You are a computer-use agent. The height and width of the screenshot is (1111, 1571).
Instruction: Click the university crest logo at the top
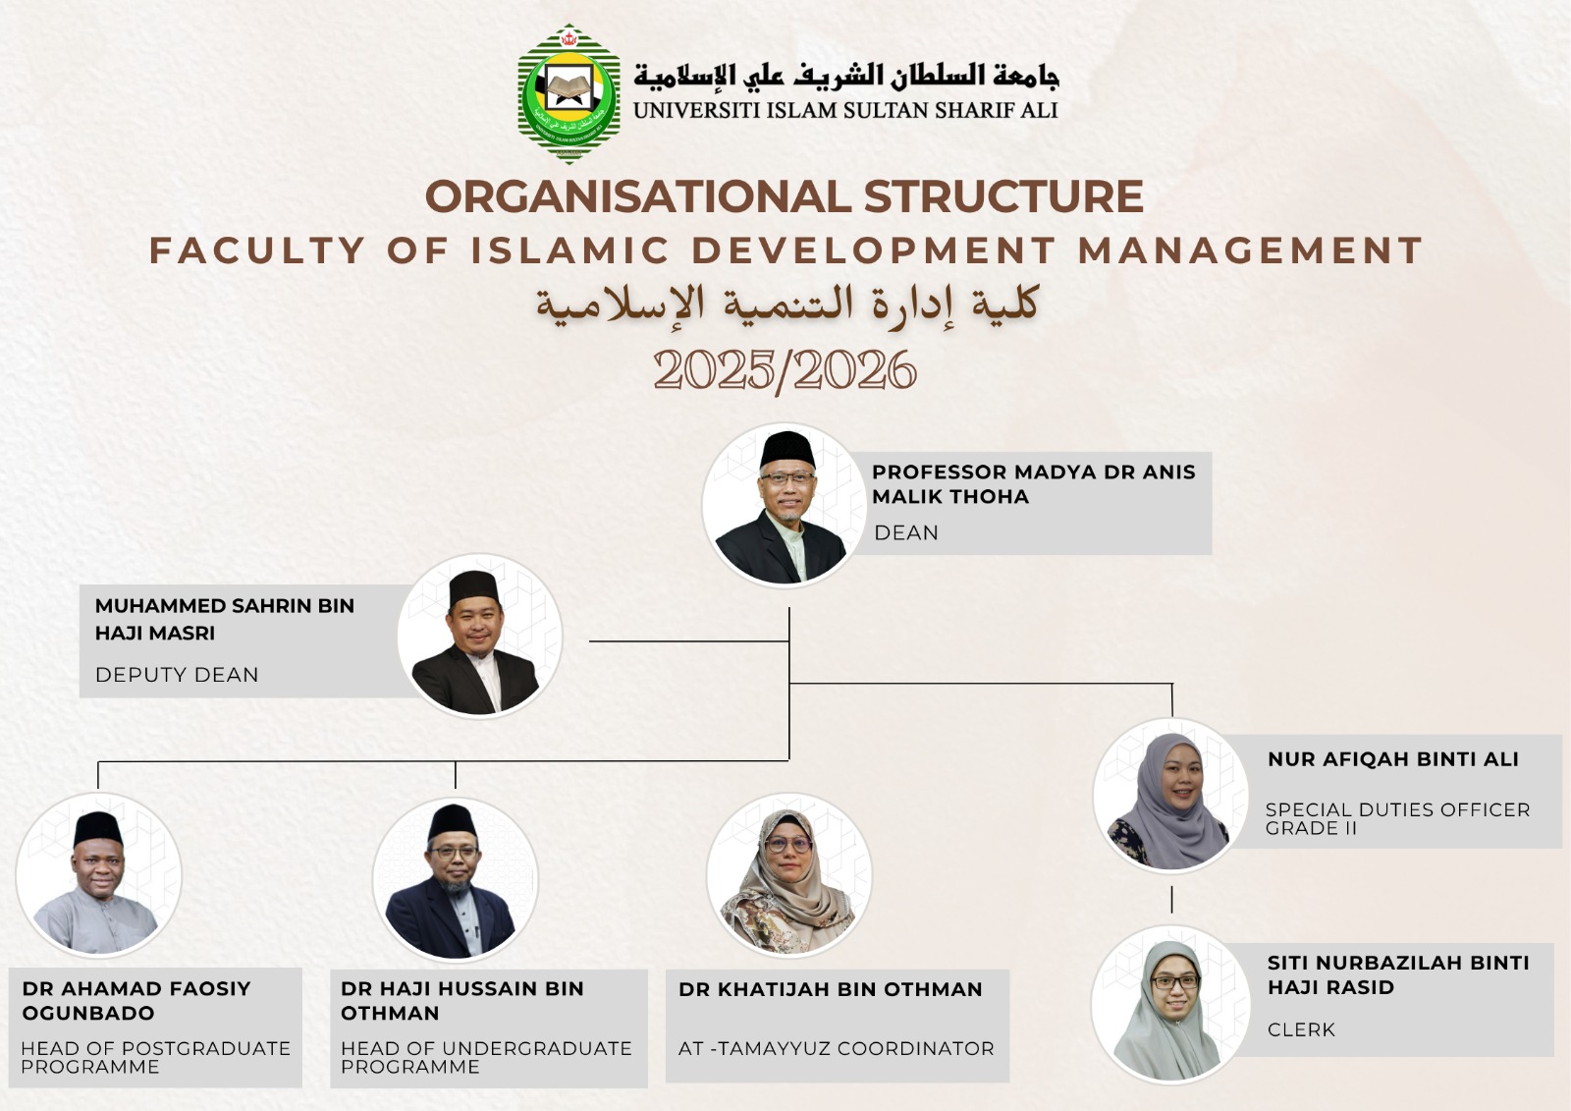(569, 94)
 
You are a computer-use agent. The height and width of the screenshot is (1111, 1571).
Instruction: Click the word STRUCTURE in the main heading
(1003, 195)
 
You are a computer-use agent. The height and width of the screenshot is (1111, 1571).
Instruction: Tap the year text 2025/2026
(785, 370)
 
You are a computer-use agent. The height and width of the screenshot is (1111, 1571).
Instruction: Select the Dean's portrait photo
(785, 505)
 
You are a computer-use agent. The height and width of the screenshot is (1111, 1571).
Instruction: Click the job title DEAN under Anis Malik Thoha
(906, 532)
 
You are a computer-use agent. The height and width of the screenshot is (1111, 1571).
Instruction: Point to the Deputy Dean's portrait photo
(480, 636)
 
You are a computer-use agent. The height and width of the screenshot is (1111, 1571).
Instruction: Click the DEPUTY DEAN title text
(177, 675)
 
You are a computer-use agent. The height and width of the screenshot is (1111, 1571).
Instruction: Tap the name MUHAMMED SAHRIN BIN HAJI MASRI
(225, 619)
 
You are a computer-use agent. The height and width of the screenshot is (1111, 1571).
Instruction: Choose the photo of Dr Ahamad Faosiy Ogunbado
(98, 875)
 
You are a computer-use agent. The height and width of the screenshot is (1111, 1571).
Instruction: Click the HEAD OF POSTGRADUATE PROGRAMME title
(156, 1057)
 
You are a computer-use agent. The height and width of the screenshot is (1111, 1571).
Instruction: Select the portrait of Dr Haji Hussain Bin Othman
(456, 880)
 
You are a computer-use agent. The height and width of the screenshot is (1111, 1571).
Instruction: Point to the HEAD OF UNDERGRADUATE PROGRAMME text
(487, 1057)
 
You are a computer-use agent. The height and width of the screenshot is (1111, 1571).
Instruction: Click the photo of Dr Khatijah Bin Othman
(789, 875)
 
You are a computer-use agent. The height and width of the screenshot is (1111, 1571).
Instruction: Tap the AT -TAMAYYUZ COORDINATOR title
(836, 1048)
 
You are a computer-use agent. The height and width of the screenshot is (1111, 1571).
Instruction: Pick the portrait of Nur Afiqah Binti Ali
(1170, 796)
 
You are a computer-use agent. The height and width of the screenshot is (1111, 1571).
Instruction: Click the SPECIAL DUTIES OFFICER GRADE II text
(1398, 818)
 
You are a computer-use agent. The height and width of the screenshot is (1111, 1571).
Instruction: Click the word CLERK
(1301, 1029)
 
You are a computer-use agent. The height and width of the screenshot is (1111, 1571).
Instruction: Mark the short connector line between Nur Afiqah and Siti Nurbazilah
(1171, 900)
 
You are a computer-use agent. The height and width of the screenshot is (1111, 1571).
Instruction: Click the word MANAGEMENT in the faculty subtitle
(1250, 250)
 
